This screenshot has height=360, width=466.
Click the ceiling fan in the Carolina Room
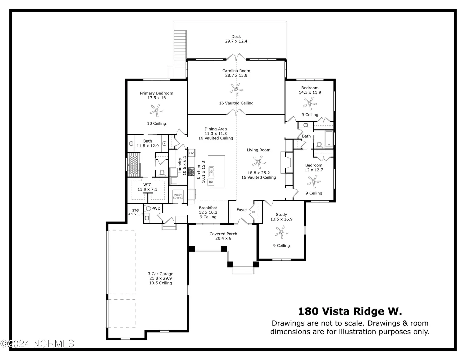[x=236, y=89]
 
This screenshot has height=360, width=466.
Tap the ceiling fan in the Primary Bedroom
[x=157, y=110]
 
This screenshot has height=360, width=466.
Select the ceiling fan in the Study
[x=281, y=232]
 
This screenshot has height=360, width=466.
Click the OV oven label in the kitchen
[x=192, y=153]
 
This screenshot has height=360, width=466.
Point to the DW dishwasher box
[x=211, y=182]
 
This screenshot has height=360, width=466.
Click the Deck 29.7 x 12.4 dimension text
[x=236, y=41]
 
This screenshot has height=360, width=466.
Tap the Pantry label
[x=178, y=195]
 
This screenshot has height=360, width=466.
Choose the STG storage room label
[x=135, y=210]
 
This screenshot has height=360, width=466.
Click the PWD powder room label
[x=156, y=208]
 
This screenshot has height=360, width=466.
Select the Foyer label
[x=242, y=210]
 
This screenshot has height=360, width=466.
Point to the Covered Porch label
[x=223, y=234]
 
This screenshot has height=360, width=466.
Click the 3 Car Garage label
[x=161, y=274]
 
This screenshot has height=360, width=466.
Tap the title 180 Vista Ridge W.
[x=350, y=311]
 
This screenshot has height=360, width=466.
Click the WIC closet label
[x=147, y=185]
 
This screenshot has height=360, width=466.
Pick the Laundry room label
[x=180, y=166]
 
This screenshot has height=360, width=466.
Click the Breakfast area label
[x=208, y=208]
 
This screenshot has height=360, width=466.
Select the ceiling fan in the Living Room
[x=259, y=162]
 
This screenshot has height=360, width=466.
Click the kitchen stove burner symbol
[x=191, y=172]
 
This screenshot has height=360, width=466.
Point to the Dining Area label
[x=216, y=129]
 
